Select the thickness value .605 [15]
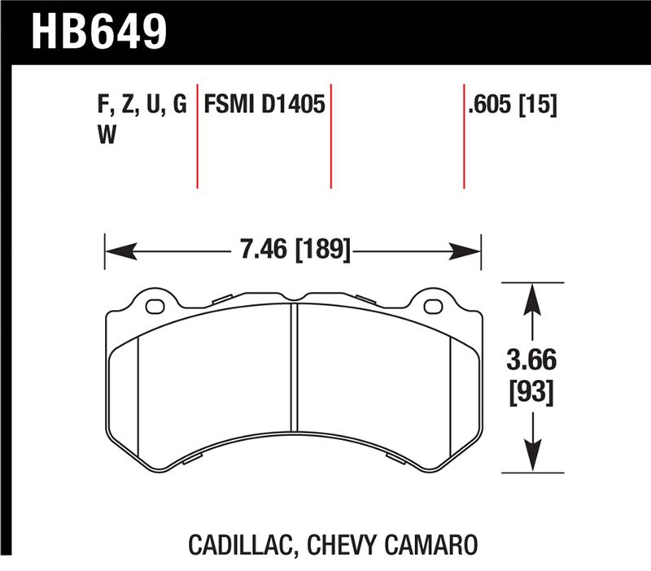[512, 106]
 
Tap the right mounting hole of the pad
[433, 306]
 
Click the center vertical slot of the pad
[295, 366]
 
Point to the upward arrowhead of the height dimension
[532, 296]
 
